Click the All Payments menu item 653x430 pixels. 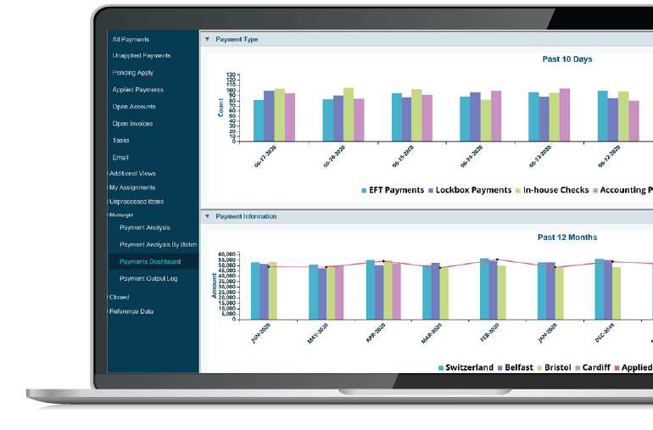tap(131, 39)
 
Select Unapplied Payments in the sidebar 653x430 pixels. tap(141, 56)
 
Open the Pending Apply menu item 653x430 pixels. tap(133, 73)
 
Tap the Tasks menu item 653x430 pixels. tap(121, 141)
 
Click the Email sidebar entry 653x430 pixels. tap(121, 158)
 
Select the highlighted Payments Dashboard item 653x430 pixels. tap(150, 261)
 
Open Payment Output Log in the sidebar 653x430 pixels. tap(149, 278)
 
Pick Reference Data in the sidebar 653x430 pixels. tap(131, 311)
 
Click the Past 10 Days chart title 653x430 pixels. tap(567, 59)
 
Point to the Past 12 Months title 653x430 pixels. tap(567, 237)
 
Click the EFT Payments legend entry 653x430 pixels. tap(393, 190)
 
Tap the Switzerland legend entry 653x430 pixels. tap(466, 367)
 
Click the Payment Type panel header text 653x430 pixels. tap(237, 39)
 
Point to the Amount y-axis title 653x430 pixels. tap(215, 284)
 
